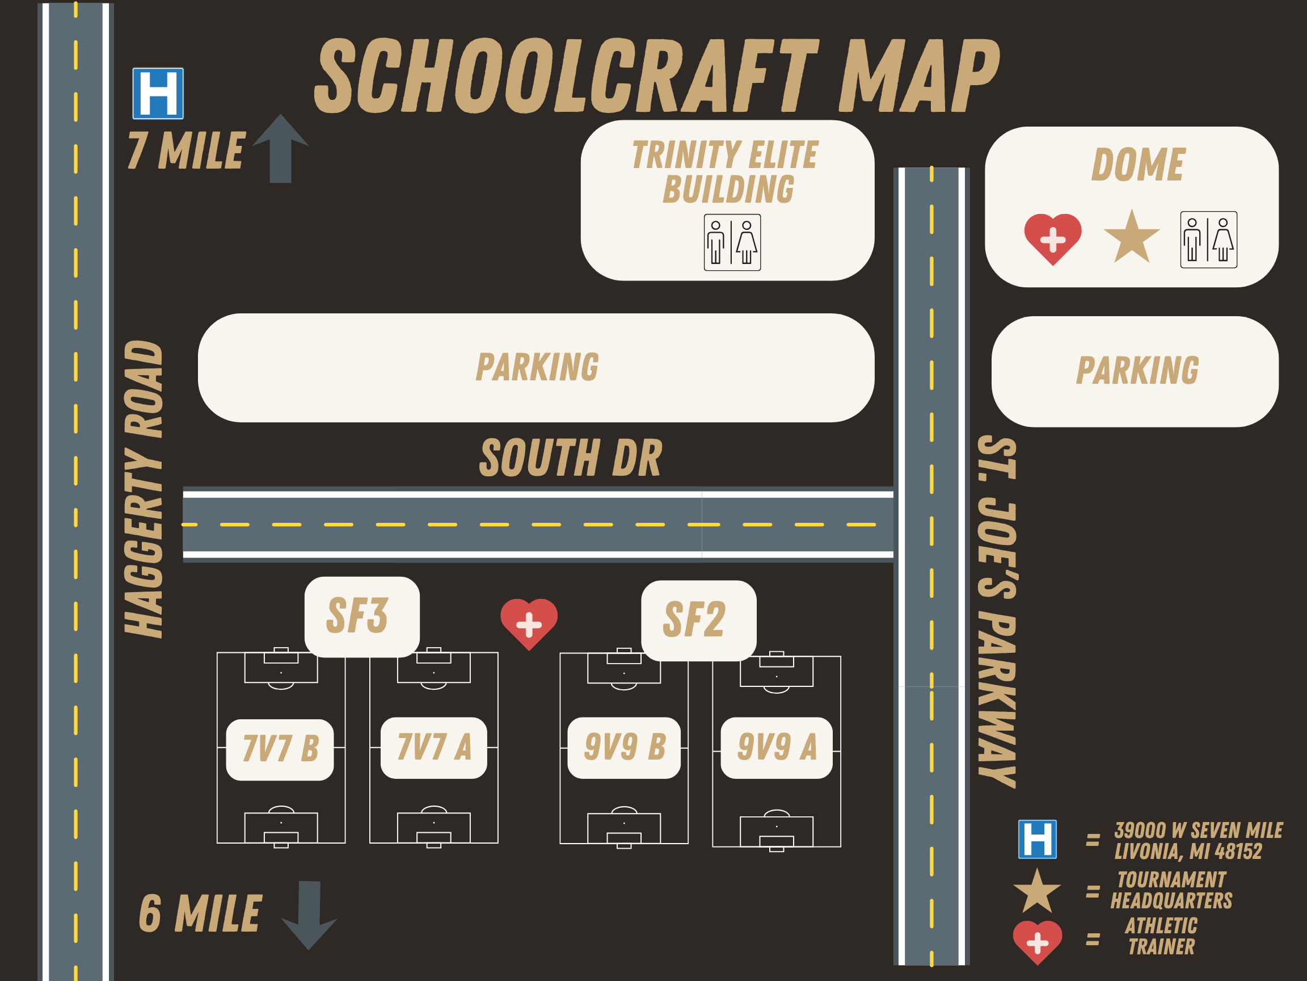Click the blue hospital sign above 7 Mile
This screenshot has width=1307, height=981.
[158, 94]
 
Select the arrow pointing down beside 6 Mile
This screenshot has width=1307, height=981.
[309, 913]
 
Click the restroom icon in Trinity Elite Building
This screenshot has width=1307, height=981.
[732, 242]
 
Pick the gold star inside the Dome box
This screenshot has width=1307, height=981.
[1132, 238]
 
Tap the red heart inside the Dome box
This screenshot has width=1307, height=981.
[1053, 238]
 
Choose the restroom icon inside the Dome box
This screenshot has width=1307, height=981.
[1208, 240]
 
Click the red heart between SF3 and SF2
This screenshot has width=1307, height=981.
[529, 623]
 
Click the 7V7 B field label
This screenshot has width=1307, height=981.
[280, 749]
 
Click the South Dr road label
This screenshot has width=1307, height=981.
[571, 458]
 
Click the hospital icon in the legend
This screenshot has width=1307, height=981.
[1038, 839]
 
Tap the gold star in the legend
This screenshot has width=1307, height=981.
[1037, 892]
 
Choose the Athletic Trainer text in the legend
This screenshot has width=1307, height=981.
[1161, 936]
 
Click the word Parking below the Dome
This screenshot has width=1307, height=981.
[1137, 371]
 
